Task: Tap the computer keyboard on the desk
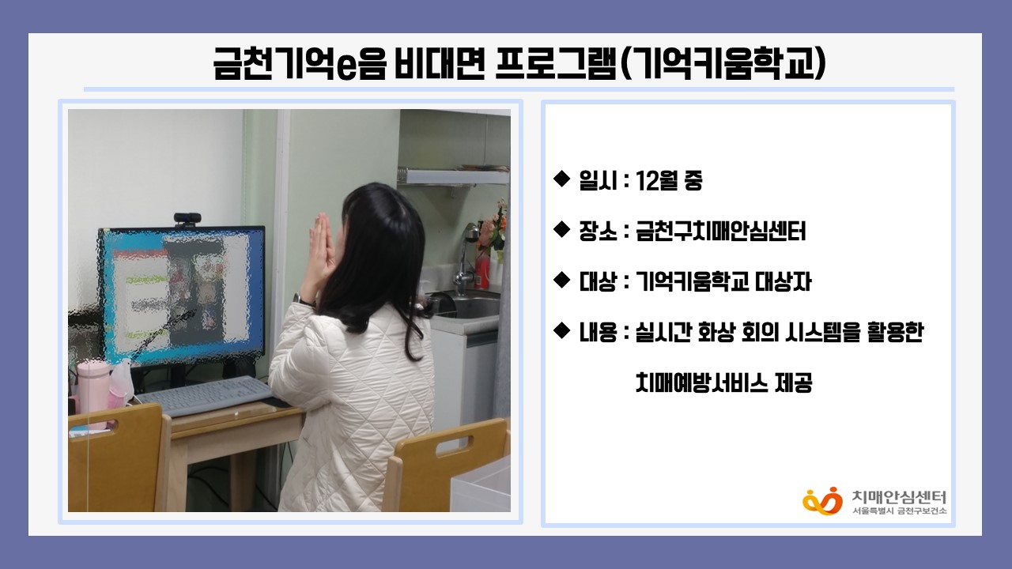click(206, 396)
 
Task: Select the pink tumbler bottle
click(93, 393)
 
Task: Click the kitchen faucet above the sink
click(466, 258)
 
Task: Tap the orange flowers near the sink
click(493, 226)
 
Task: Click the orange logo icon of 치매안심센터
click(823, 501)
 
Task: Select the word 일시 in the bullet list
click(598, 181)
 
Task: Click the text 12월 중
click(669, 181)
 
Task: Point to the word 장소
click(598, 232)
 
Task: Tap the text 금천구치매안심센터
click(720, 232)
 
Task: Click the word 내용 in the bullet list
click(598, 333)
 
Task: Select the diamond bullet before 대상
click(561, 280)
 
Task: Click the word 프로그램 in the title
click(556, 64)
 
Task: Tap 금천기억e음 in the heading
click(300, 64)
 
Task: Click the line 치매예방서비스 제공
click(723, 383)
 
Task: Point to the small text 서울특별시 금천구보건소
click(900, 511)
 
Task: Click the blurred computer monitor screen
click(182, 296)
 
